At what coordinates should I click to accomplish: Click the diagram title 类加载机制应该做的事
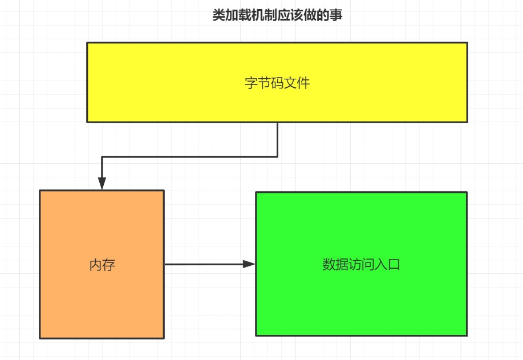click(x=277, y=15)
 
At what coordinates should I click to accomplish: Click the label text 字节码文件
click(x=277, y=83)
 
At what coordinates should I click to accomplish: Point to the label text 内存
click(x=103, y=265)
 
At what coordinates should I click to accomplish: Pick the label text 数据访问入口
click(x=361, y=265)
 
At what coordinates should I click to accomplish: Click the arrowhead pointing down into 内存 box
click(x=102, y=183)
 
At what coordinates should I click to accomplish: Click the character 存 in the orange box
click(x=110, y=265)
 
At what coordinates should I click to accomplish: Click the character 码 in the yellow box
click(x=277, y=83)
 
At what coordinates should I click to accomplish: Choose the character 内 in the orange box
click(x=96, y=265)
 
